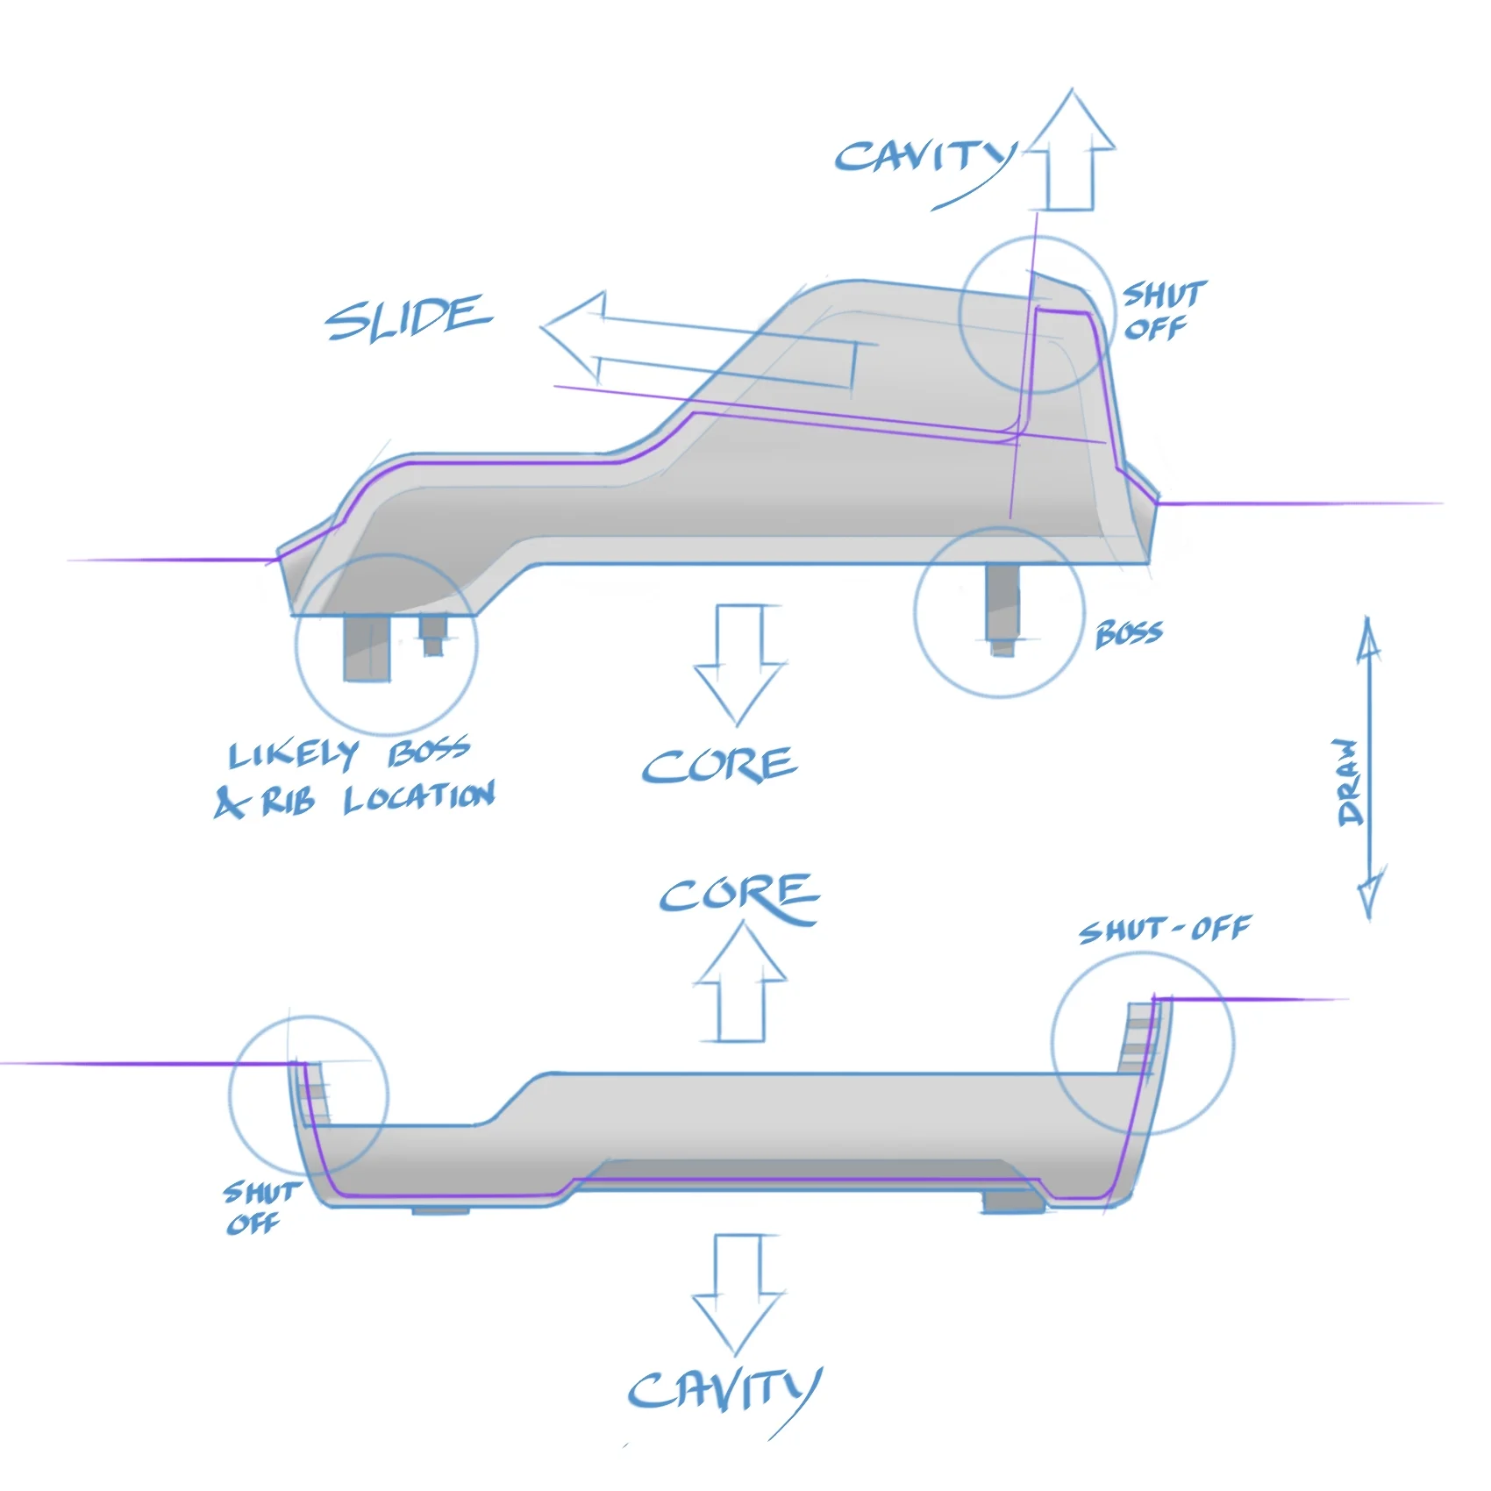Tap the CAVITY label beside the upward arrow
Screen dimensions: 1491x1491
925,158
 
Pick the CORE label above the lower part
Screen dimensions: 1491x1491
739,896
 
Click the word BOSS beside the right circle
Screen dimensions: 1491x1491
1130,632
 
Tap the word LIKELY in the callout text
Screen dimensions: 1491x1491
294,754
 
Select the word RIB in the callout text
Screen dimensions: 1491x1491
288,802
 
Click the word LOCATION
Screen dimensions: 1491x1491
419,797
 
